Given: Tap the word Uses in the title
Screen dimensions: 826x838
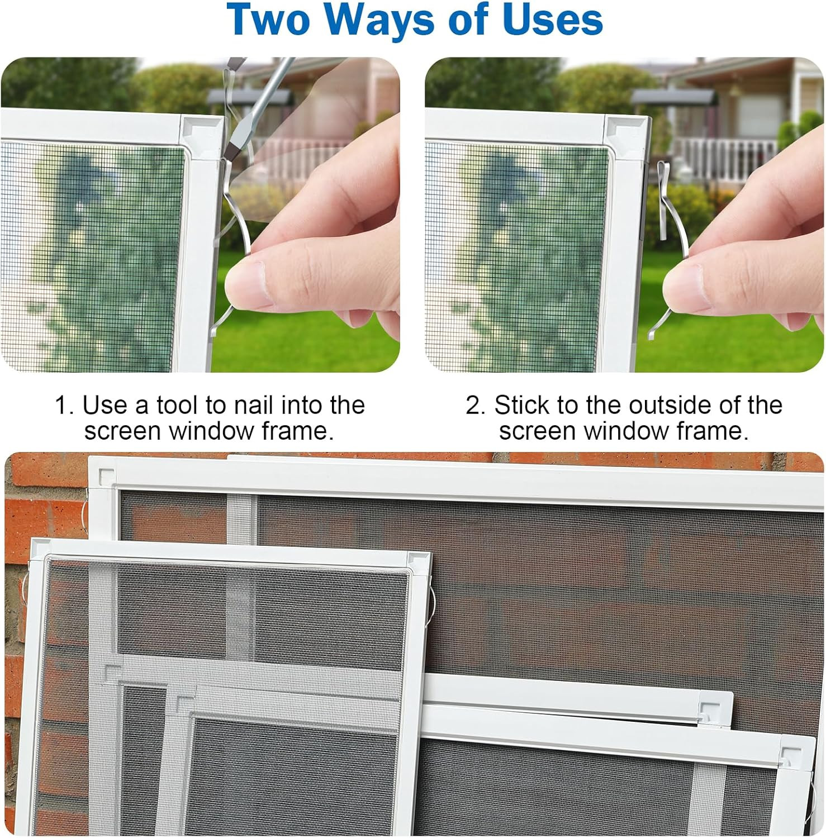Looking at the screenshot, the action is click(x=553, y=20).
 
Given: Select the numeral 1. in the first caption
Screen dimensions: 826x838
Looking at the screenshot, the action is click(x=64, y=405).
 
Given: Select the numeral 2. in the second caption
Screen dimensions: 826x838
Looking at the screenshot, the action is click(x=476, y=405).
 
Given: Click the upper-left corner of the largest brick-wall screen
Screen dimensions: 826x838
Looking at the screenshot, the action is click(x=90, y=457).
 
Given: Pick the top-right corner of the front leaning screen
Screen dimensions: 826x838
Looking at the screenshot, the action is click(x=430, y=553).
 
